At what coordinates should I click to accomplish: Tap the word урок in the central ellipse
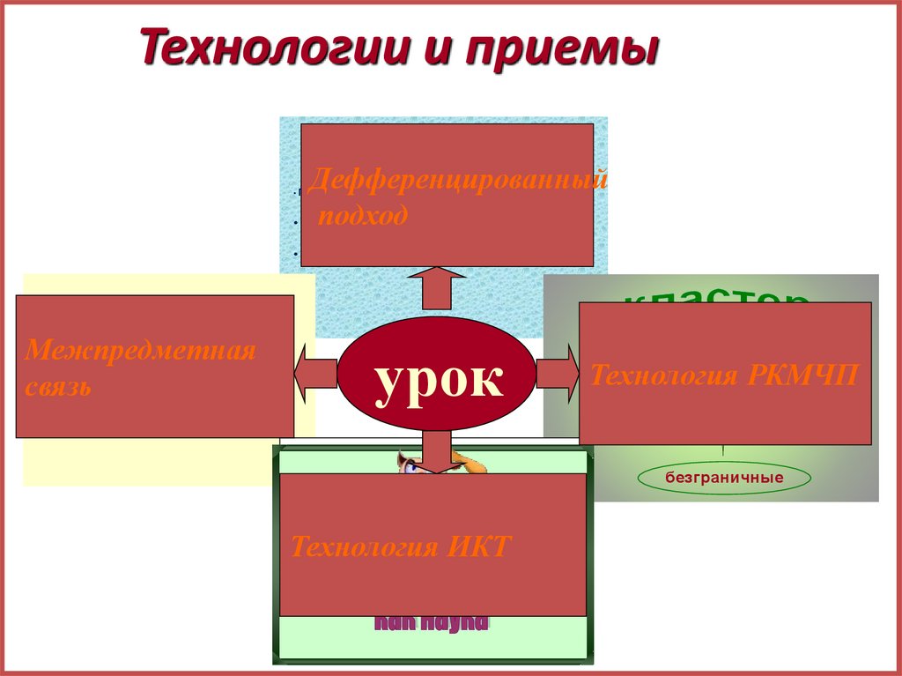[x=439, y=380]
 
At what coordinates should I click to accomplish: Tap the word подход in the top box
[x=363, y=216]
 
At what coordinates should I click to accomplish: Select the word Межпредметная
[x=140, y=351]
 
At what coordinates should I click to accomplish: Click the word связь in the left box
[x=58, y=386]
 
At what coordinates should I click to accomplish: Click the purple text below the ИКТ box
[x=432, y=623]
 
